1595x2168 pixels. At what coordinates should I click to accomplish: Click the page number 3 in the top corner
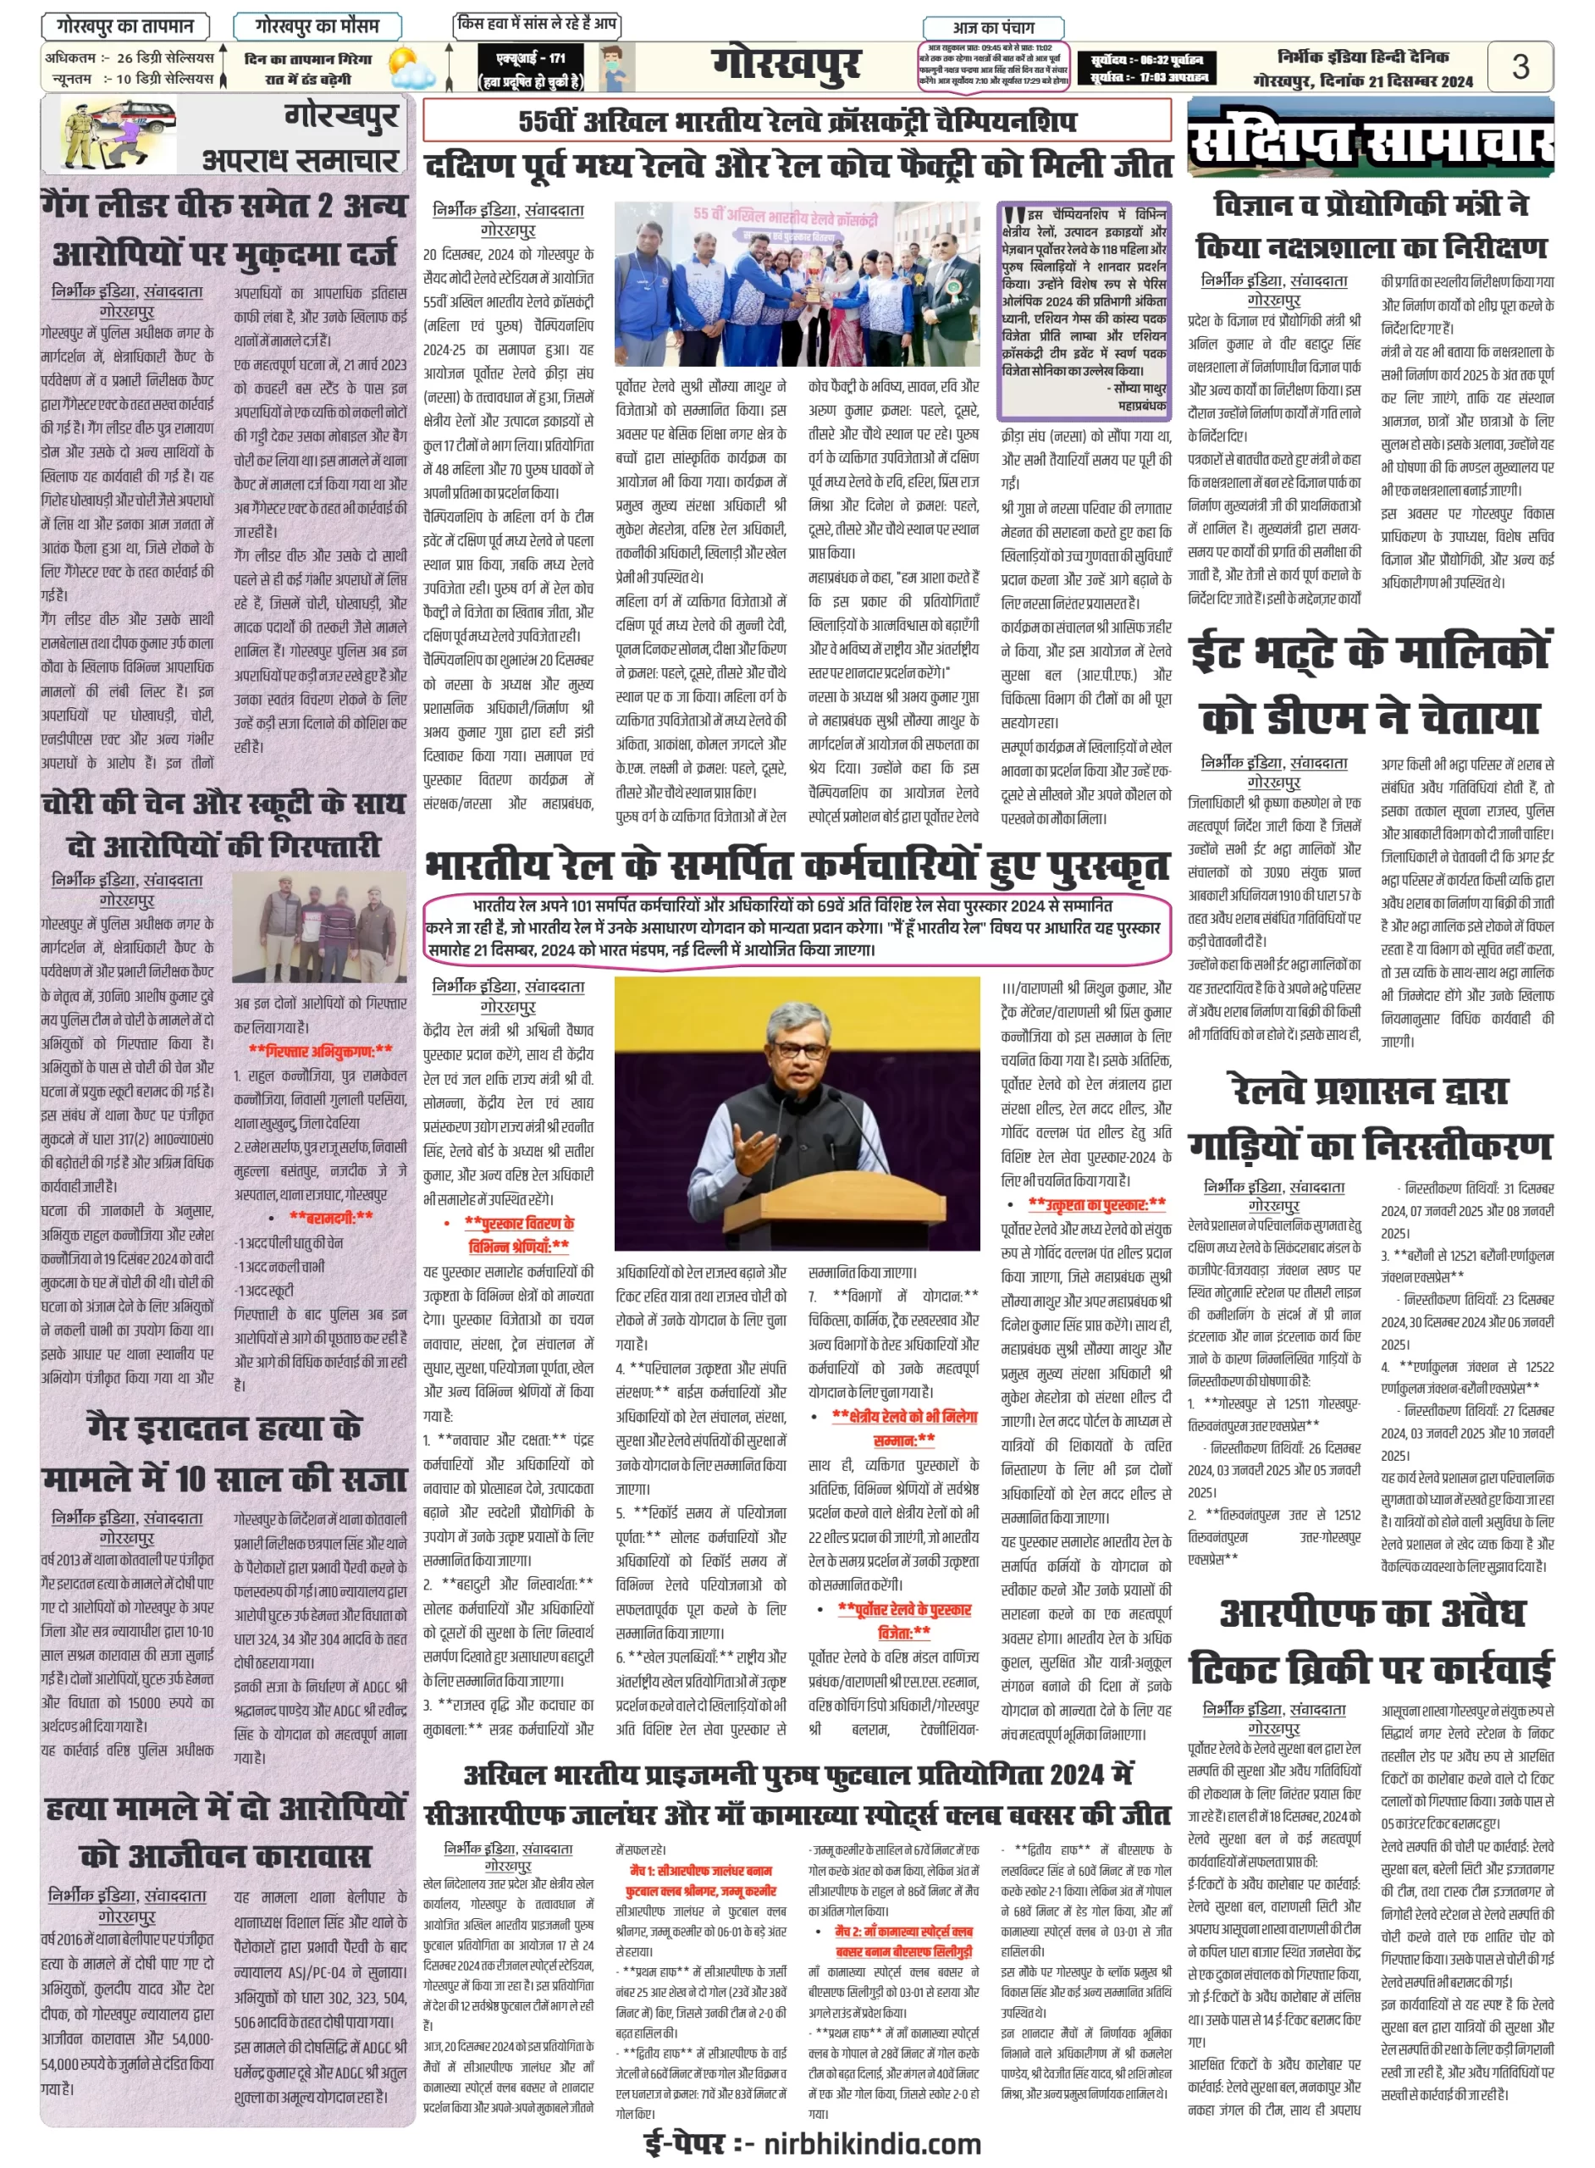click(x=1520, y=66)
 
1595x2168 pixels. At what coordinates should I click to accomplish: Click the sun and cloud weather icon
click(x=410, y=69)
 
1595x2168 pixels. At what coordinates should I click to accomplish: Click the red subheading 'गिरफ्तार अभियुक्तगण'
click(x=321, y=1050)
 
